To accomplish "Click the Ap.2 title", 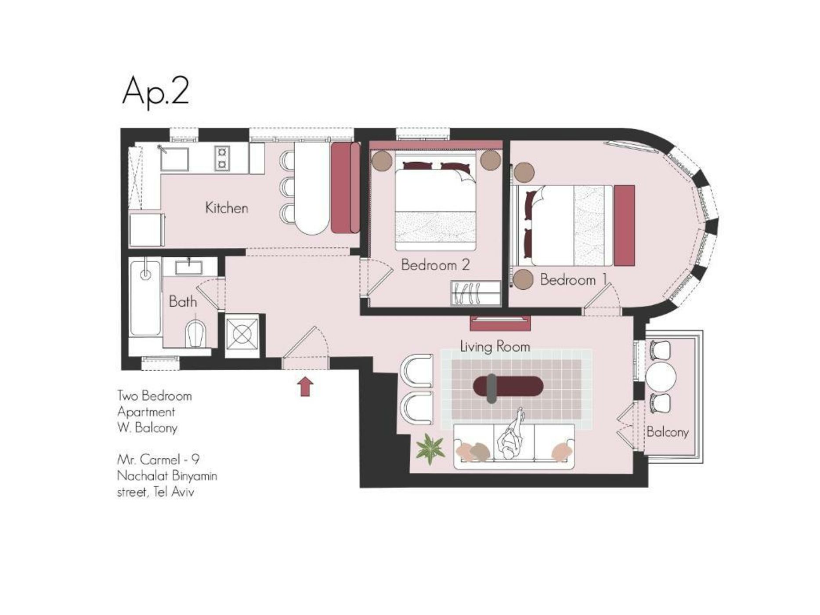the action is pyautogui.click(x=155, y=91).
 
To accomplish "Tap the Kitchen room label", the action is pyautogui.click(x=227, y=208).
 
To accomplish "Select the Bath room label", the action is pyautogui.click(x=183, y=301).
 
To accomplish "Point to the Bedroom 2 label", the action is pyautogui.click(x=435, y=265).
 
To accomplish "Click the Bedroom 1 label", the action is pyautogui.click(x=574, y=279).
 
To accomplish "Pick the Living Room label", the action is pyautogui.click(x=495, y=346).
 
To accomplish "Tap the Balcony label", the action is pyautogui.click(x=667, y=432).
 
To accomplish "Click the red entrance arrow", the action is pyautogui.click(x=305, y=387).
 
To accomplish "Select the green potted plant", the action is pyautogui.click(x=430, y=449).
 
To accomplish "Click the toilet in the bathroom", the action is pyautogui.click(x=196, y=333).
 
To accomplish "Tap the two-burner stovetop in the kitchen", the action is pyautogui.click(x=222, y=158).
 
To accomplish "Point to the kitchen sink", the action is pyautogui.click(x=174, y=159).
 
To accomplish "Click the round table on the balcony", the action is pyautogui.click(x=660, y=376).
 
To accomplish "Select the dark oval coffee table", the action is pyautogui.click(x=508, y=387).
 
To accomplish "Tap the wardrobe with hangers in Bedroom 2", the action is pyautogui.click(x=476, y=293).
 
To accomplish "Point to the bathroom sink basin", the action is pyautogui.click(x=189, y=268).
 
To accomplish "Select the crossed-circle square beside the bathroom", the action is pyautogui.click(x=242, y=336).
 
